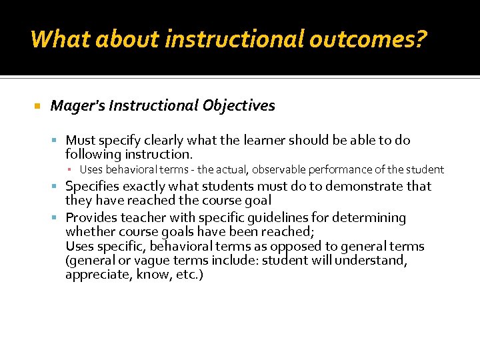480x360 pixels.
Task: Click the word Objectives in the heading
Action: click(241, 106)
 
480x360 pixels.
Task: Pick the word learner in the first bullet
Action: click(258, 141)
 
